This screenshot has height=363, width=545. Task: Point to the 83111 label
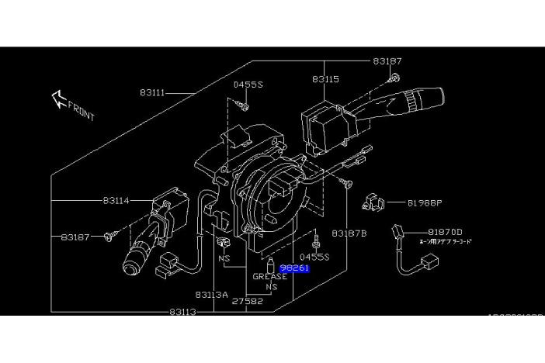(153, 92)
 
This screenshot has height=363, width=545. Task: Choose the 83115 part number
(326, 80)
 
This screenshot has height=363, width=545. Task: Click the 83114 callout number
(116, 200)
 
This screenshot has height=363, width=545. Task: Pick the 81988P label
(424, 203)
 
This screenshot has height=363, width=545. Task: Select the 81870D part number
(445, 232)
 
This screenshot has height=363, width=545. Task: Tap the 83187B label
(349, 233)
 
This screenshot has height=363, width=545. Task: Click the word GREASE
(270, 276)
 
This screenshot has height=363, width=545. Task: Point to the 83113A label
(211, 295)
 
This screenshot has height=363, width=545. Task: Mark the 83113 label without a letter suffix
(181, 312)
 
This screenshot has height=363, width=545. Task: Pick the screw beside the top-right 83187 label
(395, 77)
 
